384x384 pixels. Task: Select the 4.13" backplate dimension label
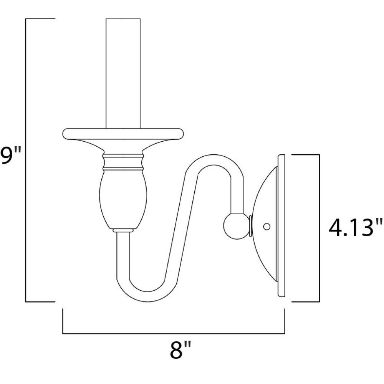coord(355,228)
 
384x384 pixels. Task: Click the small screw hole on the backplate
coord(267,227)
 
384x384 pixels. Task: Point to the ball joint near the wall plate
coord(236,226)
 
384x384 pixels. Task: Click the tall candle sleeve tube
coord(123,73)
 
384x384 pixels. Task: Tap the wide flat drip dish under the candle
coord(123,134)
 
